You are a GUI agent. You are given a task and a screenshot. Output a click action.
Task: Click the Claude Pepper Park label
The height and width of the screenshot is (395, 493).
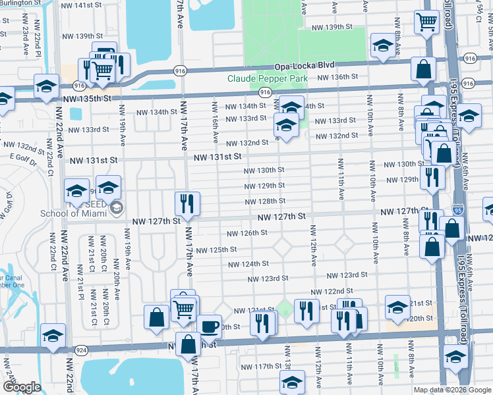click(268, 78)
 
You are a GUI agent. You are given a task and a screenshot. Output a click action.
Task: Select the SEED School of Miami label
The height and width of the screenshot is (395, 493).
click(72, 212)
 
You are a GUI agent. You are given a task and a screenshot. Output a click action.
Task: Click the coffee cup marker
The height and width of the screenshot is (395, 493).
click(210, 326)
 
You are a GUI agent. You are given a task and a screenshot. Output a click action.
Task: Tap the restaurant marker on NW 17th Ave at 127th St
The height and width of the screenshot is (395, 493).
click(187, 203)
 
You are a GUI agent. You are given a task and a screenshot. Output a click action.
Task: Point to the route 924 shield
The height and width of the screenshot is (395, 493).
click(81, 350)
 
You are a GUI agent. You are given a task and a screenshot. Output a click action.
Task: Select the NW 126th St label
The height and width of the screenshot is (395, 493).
click(247, 233)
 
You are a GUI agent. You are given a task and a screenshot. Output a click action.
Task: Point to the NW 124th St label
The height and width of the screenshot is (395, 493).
click(248, 264)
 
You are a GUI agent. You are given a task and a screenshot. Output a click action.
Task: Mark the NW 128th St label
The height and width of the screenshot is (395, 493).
click(265, 201)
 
